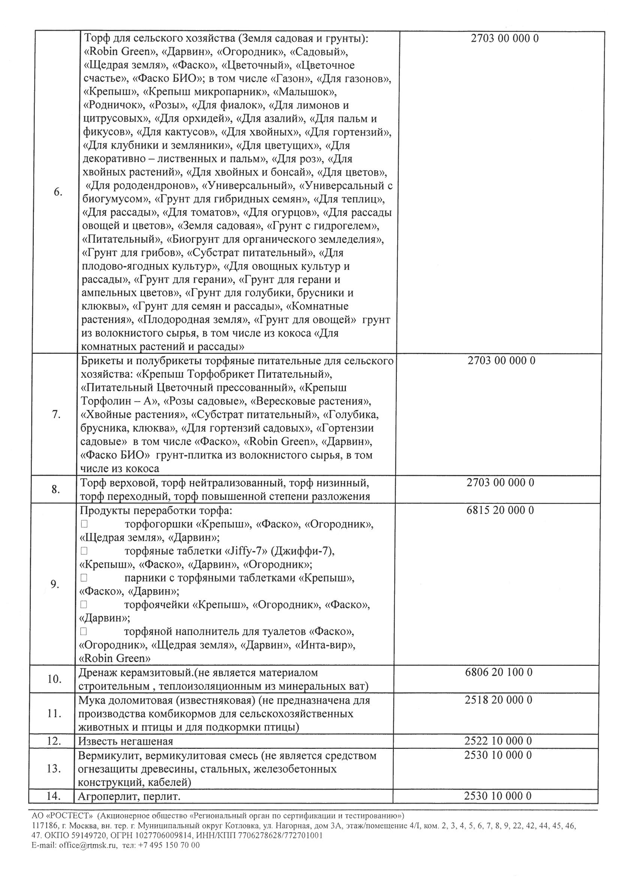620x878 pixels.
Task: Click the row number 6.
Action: pos(58,192)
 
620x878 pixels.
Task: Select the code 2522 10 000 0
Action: pos(498,741)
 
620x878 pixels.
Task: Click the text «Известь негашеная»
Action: pos(126,741)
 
